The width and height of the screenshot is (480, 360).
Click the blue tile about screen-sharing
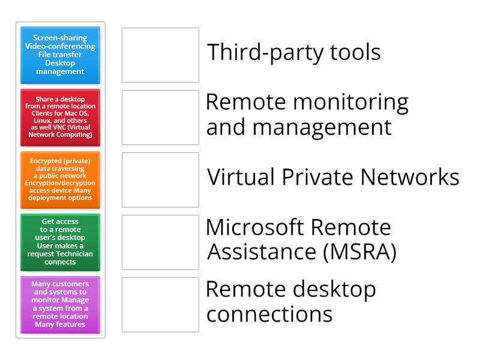tap(60, 55)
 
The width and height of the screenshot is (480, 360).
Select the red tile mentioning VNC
tap(60, 118)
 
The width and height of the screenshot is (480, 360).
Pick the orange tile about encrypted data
tap(60, 180)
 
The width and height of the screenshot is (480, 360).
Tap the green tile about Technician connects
tap(60, 242)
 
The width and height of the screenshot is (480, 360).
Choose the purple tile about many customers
tap(60, 304)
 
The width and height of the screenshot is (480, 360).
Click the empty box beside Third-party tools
tap(160, 55)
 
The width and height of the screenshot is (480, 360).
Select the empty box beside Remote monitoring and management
tap(160, 118)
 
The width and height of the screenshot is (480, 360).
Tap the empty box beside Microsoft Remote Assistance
tap(160, 242)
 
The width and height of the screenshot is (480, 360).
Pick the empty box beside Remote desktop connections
tap(160, 304)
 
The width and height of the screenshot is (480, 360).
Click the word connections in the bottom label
tap(269, 315)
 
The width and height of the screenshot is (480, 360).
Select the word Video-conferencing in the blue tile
tap(60, 47)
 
